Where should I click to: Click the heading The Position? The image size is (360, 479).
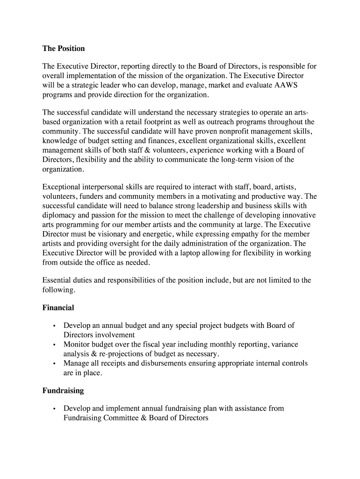[x=64, y=49]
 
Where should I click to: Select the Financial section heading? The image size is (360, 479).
[x=58, y=308]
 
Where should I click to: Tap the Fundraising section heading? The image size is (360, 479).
[x=63, y=390]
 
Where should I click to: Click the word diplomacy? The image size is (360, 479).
[x=59, y=215]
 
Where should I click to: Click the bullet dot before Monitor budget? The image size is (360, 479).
[x=55, y=345]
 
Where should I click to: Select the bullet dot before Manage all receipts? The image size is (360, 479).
[x=55, y=363]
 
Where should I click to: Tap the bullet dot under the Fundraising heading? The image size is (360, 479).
[x=55, y=409]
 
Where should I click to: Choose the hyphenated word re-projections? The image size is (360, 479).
[x=119, y=354]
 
